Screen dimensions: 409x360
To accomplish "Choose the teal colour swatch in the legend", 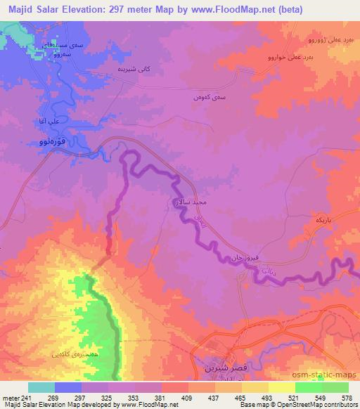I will [41, 387].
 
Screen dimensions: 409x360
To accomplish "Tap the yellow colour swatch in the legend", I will [281, 387].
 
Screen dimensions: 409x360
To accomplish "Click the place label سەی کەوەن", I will [207, 98].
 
